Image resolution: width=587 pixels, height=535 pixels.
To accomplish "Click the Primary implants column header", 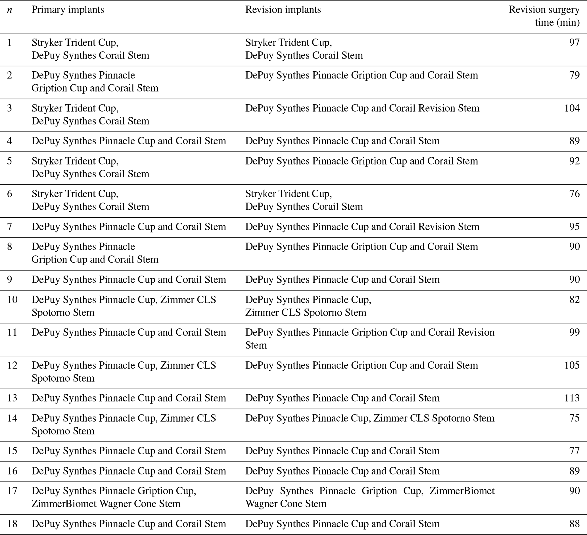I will [68, 10].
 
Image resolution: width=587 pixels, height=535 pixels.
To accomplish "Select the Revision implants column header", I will [283, 10].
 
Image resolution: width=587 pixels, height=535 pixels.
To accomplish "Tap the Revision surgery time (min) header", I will [544, 16].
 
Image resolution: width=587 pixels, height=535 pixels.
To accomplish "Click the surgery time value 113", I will [572, 398].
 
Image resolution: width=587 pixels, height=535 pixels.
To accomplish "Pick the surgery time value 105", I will [572, 365].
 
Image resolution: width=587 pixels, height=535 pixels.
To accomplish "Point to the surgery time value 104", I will [572, 108].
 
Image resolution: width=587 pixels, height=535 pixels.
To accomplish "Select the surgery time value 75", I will [575, 418].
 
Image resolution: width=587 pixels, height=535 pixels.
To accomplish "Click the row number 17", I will [12, 491].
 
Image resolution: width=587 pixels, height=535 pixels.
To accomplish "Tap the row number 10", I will [12, 299].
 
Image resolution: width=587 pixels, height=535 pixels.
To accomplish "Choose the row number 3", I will [10, 108].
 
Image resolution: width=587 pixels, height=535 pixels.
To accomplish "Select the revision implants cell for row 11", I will [369, 339].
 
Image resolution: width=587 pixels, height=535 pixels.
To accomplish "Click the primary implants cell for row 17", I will [114, 497].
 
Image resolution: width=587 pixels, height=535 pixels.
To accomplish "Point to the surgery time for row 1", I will [575, 43].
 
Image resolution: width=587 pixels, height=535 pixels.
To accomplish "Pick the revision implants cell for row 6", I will [304, 200].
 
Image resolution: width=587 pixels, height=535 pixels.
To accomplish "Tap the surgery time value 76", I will [575, 194].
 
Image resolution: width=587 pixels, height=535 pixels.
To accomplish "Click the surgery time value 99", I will [575, 332].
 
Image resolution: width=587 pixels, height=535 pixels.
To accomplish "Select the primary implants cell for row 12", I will [124, 372].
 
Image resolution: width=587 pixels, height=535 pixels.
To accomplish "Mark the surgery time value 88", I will [575, 524].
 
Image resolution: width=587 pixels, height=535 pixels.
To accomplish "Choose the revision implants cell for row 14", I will [369, 418].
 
